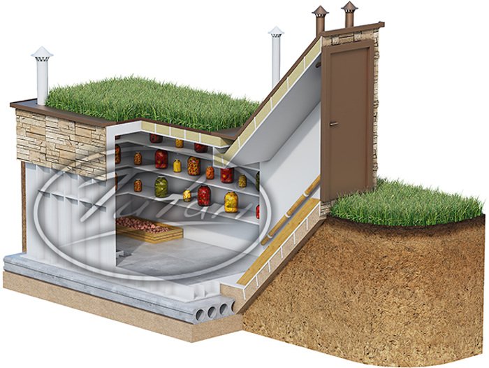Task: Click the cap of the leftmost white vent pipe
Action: (x=42, y=54)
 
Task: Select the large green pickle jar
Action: (x=161, y=186)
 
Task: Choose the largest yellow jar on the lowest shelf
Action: (x=231, y=201)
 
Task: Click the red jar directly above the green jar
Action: (x=161, y=159)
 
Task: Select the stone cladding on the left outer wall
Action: (x=63, y=140)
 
